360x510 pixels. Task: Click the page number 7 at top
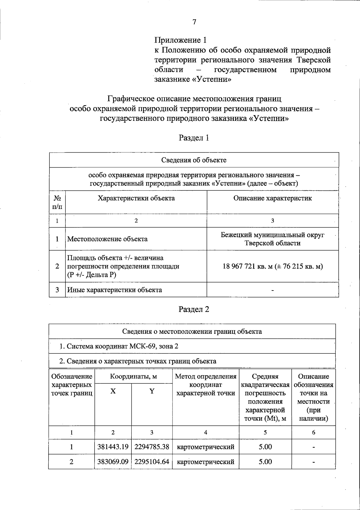pos(194,22)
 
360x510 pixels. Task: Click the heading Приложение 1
pos(181,40)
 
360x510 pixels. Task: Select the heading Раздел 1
pos(194,138)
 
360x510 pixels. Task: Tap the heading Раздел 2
pos(194,309)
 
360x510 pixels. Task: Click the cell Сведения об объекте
pos(194,160)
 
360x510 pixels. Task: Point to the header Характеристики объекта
pos(136,198)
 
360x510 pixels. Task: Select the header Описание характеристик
pos(272,198)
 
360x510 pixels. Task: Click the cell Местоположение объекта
pos(107,239)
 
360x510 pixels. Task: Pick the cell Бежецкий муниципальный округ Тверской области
pos(272,239)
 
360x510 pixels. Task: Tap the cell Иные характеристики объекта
pos(115,290)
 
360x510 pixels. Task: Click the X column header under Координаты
pos(113,391)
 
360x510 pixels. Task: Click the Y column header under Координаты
pos(152,391)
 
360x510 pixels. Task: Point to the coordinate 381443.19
pos(113,447)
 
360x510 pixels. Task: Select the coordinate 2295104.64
pos(152,462)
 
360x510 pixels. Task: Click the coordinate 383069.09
pos(113,462)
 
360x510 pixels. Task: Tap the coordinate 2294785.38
pos(152,447)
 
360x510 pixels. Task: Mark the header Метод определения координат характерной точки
pos(205,385)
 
